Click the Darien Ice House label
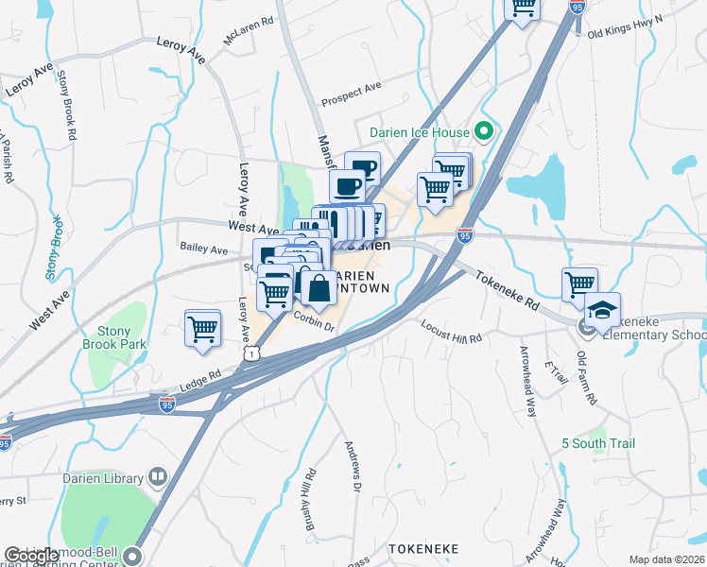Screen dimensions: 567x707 pos(419,130)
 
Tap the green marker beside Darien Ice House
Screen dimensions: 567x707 pos(485,130)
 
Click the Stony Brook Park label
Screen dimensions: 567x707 pos(121,338)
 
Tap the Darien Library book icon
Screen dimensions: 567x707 pos(157,478)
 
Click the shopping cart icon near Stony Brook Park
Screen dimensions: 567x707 pos(203,330)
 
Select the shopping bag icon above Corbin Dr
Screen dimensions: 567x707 pos(319,288)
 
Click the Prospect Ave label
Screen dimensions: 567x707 pos(351,93)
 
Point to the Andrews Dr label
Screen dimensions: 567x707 pos(353,467)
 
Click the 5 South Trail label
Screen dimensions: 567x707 pos(598,443)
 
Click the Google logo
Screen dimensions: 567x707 pos(31,556)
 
